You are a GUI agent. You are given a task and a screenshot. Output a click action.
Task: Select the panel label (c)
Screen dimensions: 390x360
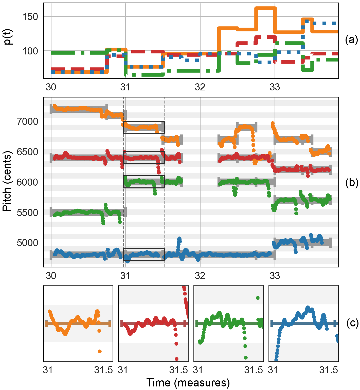tap(352, 323)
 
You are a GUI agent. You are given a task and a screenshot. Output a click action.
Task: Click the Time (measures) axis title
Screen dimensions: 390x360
tap(188, 383)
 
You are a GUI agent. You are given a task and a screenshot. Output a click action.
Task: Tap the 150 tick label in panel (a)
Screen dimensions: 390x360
tap(30, 17)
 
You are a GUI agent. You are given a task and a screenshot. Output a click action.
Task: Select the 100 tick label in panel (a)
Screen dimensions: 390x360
tap(30, 51)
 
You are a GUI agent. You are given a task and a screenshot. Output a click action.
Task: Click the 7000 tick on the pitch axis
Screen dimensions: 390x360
tap(27, 122)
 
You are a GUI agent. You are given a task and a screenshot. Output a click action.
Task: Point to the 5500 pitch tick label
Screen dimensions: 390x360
tap(27, 213)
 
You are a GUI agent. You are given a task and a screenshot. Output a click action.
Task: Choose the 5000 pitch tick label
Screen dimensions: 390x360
tap(27, 243)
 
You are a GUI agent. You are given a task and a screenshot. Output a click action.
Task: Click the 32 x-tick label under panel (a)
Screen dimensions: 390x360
tap(200, 87)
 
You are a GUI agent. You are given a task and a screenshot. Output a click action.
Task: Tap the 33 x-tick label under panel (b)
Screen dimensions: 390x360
tap(275, 276)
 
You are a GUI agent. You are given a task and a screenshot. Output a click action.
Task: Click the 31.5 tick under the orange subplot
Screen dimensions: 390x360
tap(103, 370)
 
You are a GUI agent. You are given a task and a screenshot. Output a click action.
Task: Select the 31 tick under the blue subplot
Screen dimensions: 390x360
tap(273, 370)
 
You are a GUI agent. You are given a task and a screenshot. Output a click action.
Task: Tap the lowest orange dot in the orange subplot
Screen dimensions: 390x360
tap(100, 351)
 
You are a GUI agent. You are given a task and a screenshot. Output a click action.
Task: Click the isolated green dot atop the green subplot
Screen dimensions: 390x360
tap(258, 298)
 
